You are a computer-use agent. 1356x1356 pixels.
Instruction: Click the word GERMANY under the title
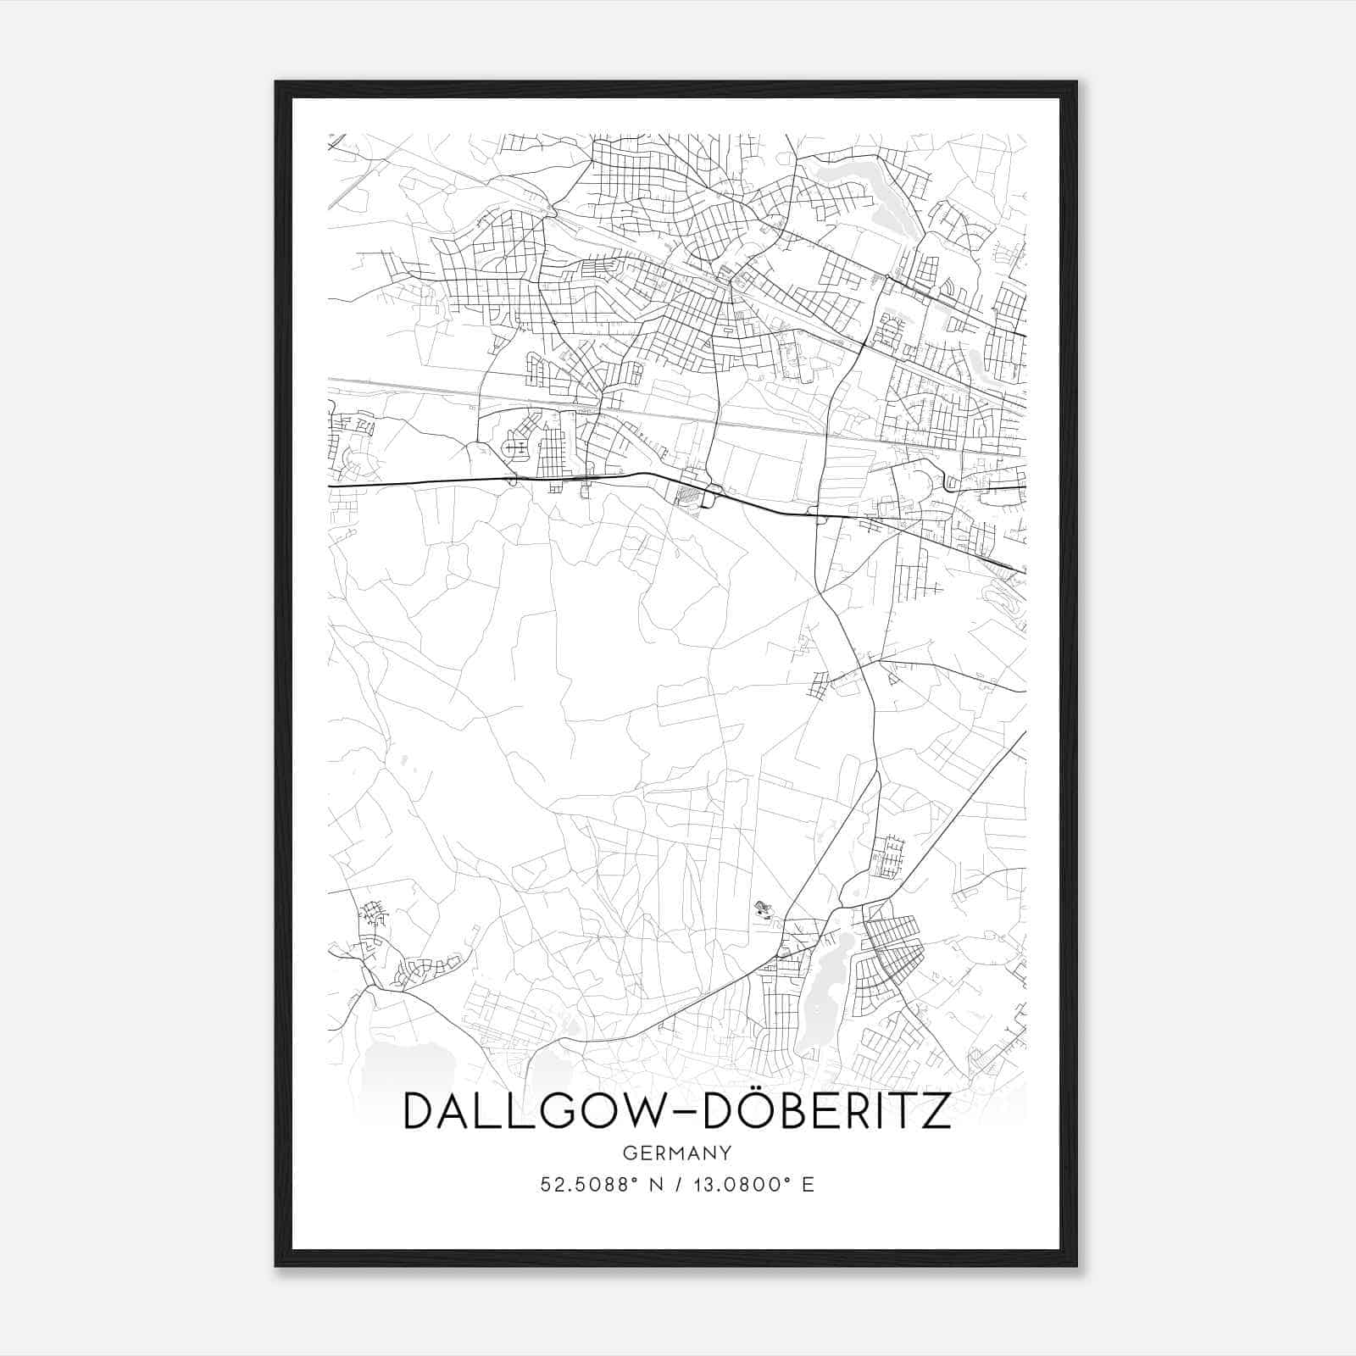tap(676, 1153)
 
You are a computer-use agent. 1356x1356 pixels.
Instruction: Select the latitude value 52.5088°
tap(586, 1185)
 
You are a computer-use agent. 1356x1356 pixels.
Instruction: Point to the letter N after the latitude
tap(653, 1185)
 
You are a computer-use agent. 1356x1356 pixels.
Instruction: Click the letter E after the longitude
tap(808, 1185)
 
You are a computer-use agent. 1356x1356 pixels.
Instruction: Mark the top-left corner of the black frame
tap(277, 83)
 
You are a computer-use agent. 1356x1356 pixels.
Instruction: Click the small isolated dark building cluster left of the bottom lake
tap(764, 910)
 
